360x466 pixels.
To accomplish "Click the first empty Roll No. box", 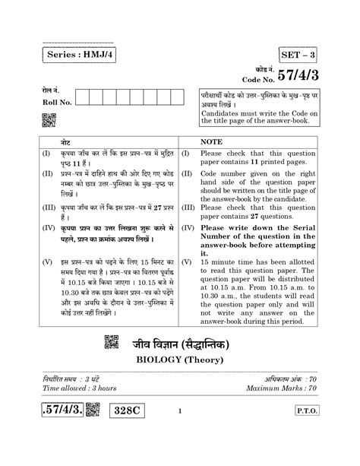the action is [84, 97].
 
